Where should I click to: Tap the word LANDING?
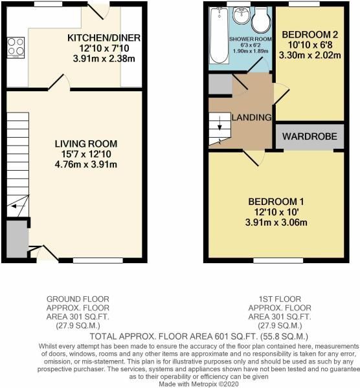coord(245,117)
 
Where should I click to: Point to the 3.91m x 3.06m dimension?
coord(276,223)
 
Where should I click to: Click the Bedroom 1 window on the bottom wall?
coord(266,260)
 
